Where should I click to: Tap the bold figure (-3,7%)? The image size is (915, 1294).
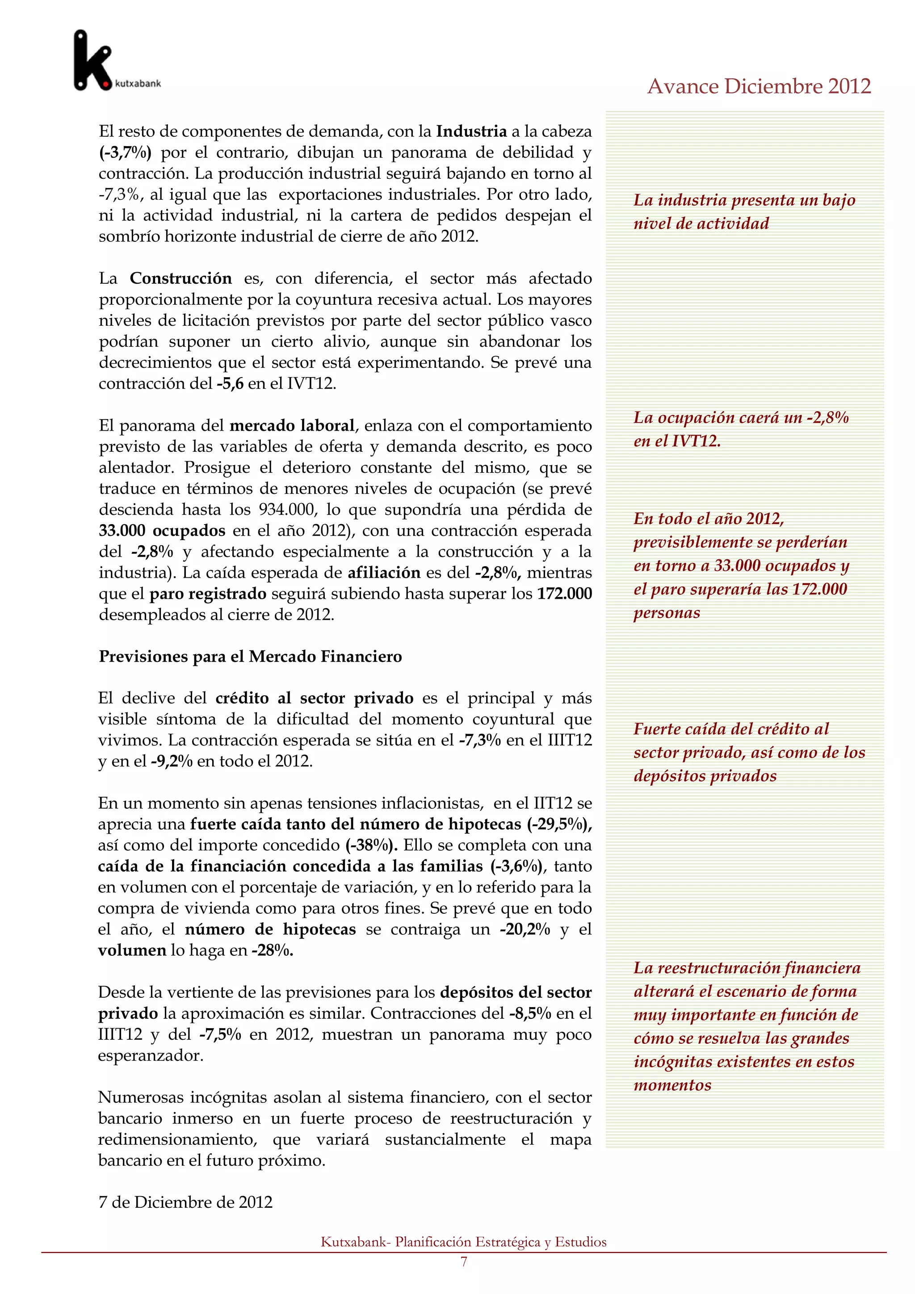point(125,152)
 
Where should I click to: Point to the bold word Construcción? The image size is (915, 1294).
point(180,278)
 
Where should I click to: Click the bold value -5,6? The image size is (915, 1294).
point(230,384)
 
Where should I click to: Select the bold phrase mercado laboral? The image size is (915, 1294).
point(292,425)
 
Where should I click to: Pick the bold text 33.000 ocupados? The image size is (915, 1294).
point(162,531)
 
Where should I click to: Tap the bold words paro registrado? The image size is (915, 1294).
point(207,594)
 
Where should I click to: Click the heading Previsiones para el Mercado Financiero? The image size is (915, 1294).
point(250,656)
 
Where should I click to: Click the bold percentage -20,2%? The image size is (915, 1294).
point(525,929)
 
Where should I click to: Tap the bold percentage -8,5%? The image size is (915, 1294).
point(529,1013)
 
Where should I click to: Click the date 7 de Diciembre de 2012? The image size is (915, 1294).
point(185,1202)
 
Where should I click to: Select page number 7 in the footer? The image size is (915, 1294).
point(464,1262)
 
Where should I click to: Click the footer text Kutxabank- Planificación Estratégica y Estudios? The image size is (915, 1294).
point(463,1242)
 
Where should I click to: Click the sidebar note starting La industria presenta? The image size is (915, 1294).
point(744,211)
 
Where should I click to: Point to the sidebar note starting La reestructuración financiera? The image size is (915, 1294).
point(747,1026)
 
